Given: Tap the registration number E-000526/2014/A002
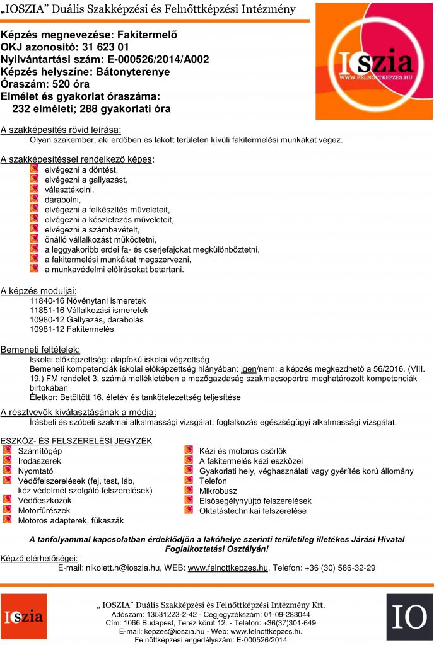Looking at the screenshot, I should (155, 60).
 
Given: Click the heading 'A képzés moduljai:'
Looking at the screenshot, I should (38, 290).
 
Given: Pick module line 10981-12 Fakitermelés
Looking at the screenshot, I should (72, 329).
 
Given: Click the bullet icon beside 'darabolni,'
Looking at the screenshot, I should (35, 199).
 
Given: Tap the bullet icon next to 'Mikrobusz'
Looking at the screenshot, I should (189, 490).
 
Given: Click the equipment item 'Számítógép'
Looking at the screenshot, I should (40, 451).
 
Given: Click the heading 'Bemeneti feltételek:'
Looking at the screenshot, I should (40, 349).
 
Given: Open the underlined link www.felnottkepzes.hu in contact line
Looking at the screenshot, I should (228, 568).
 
